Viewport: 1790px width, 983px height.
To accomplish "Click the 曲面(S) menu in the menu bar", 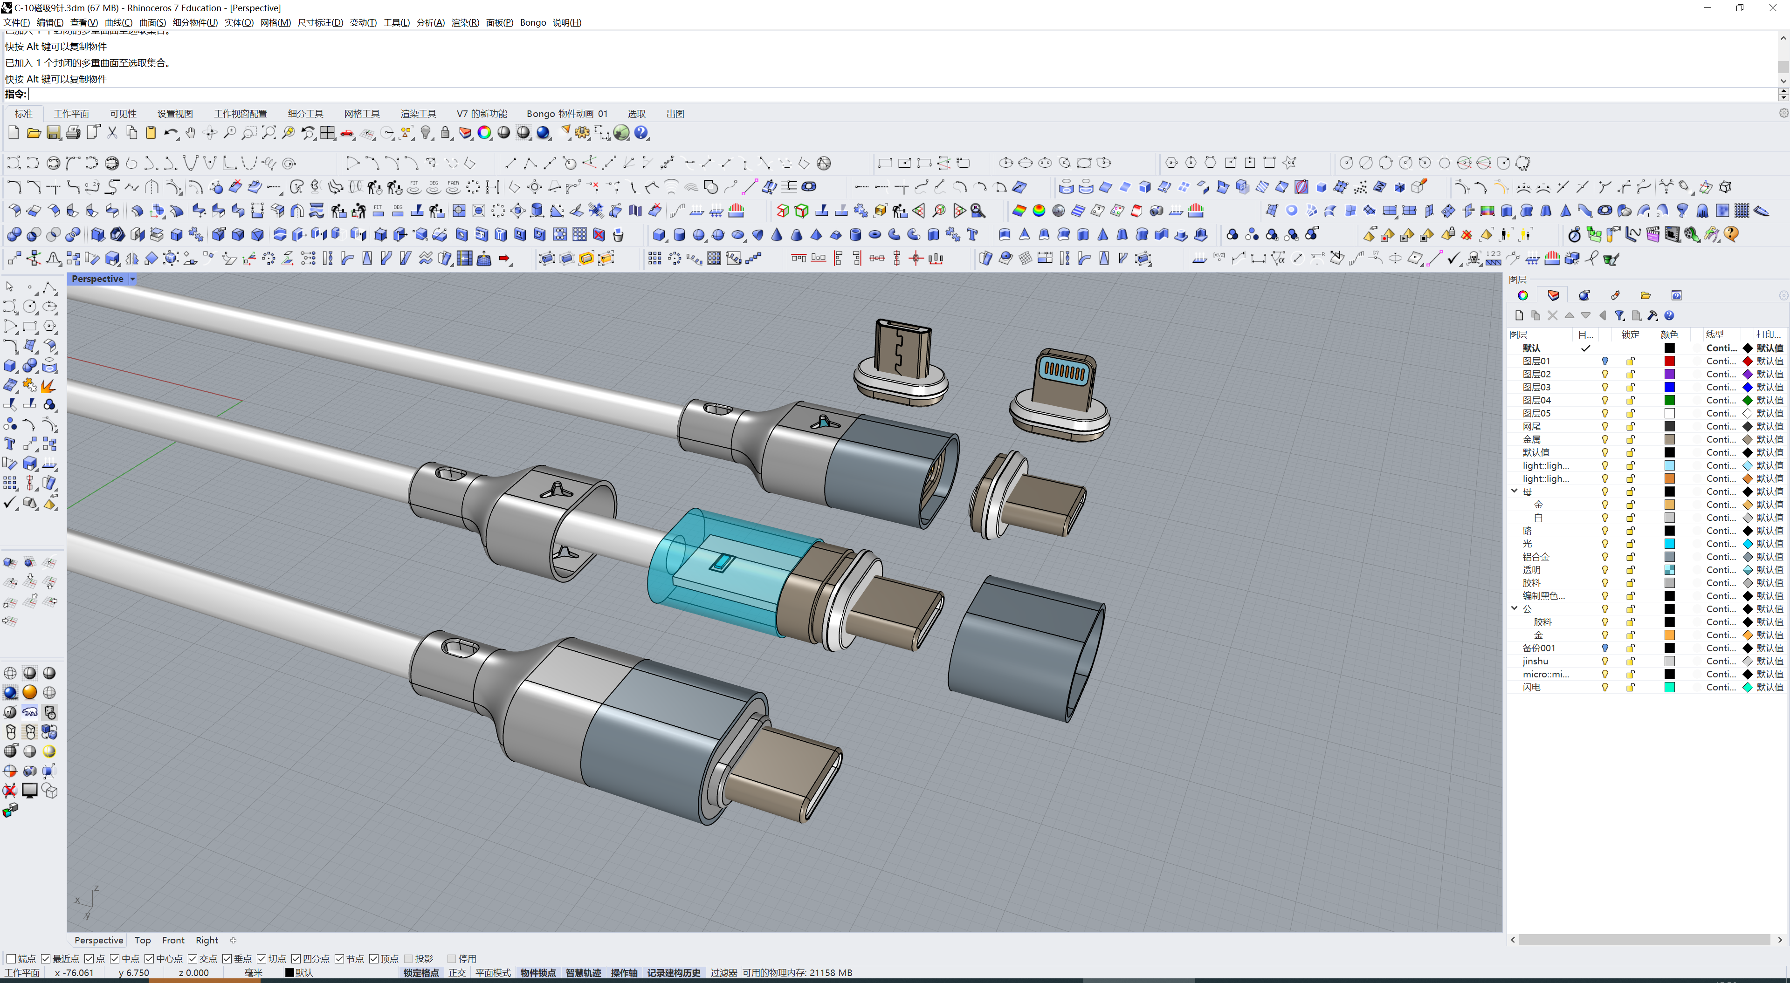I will click(152, 22).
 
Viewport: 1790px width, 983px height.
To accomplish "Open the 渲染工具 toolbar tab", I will click(418, 113).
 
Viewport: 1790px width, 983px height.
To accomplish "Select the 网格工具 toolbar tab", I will click(361, 113).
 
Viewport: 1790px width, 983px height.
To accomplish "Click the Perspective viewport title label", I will click(97, 279).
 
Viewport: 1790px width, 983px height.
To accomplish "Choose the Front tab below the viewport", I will click(173, 940).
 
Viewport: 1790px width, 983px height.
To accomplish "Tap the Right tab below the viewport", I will click(207, 940).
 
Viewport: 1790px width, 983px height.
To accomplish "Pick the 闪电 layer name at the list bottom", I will click(1531, 687).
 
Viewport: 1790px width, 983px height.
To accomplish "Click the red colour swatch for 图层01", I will click(1669, 361).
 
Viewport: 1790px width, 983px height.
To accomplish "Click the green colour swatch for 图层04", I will click(1669, 400).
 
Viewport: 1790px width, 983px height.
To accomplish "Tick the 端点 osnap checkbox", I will click(11, 959).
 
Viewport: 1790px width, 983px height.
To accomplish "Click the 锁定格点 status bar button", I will click(421, 973).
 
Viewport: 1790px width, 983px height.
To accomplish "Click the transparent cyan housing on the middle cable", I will click(702, 570).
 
